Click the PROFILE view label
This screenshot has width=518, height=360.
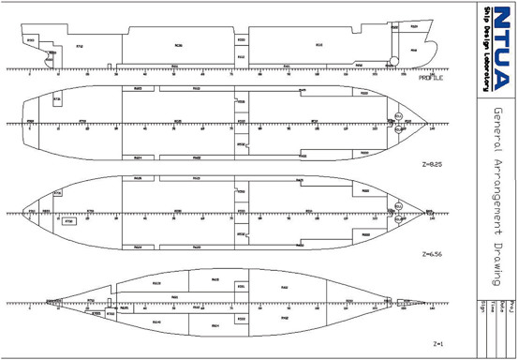click(x=430, y=78)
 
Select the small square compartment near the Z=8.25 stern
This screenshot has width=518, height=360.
click(x=57, y=97)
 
